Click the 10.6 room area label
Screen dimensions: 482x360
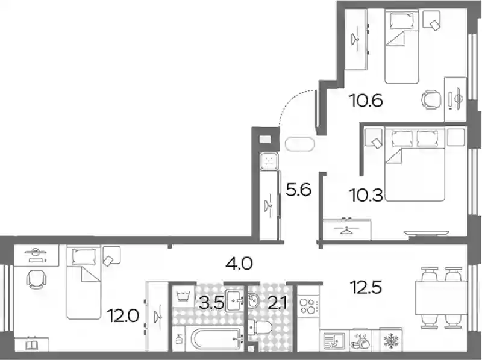click(x=366, y=101)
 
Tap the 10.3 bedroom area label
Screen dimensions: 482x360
click(x=366, y=195)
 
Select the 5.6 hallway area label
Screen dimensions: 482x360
click(x=298, y=190)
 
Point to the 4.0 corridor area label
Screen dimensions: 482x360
click(x=239, y=264)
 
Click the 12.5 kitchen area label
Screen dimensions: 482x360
click(x=366, y=288)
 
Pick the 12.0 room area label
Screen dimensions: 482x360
click(x=123, y=316)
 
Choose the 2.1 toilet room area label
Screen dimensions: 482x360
click(x=277, y=303)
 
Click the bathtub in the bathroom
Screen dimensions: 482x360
click(x=216, y=339)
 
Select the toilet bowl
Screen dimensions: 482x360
click(x=260, y=327)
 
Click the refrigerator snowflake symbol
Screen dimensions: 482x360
click(x=390, y=340)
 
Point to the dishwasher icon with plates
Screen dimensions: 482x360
click(x=360, y=340)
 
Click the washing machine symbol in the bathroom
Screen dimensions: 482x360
click(x=184, y=297)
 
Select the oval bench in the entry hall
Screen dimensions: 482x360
click(x=299, y=144)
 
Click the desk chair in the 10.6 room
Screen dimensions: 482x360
click(x=431, y=99)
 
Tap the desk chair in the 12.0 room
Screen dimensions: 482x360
click(x=36, y=279)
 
